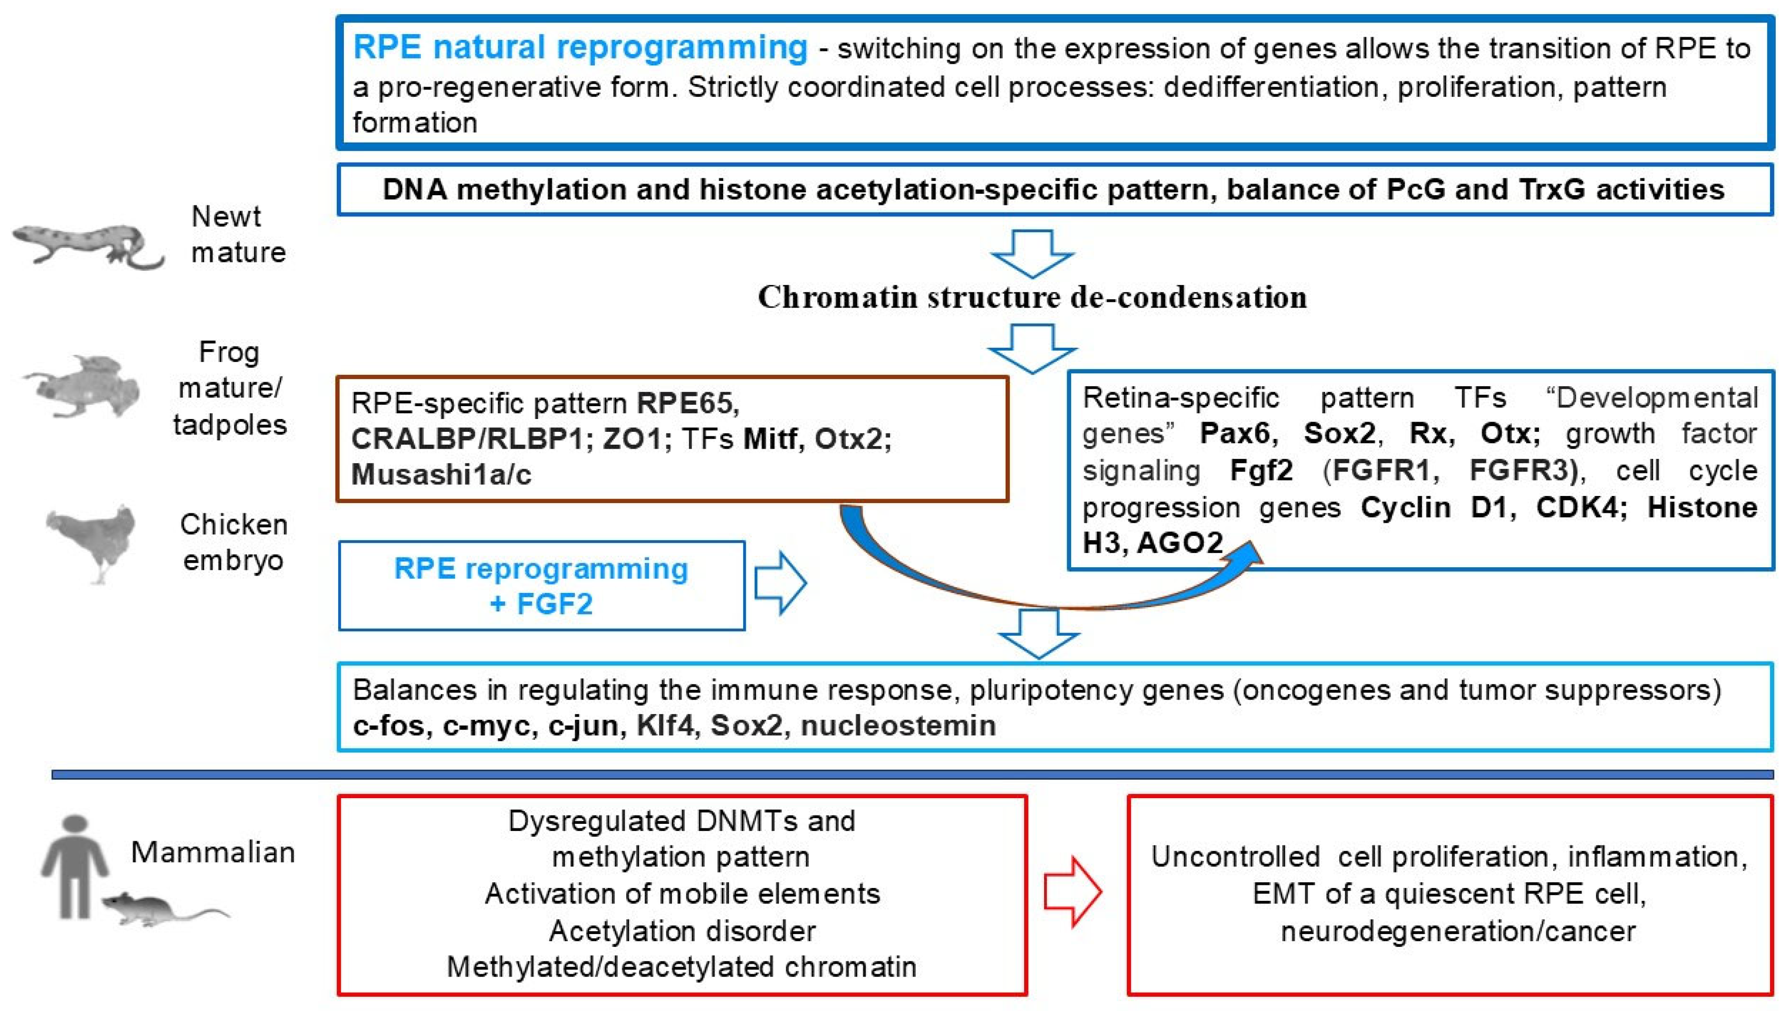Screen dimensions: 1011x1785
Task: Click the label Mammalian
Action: coord(212,853)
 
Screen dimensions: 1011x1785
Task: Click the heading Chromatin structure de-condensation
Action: coord(1032,297)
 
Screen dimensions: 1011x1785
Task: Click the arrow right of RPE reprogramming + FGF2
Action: coord(779,583)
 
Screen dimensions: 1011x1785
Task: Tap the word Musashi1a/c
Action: coord(441,475)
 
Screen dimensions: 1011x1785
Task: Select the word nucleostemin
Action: coord(898,726)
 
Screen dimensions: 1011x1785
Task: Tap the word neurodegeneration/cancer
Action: coord(1458,931)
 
